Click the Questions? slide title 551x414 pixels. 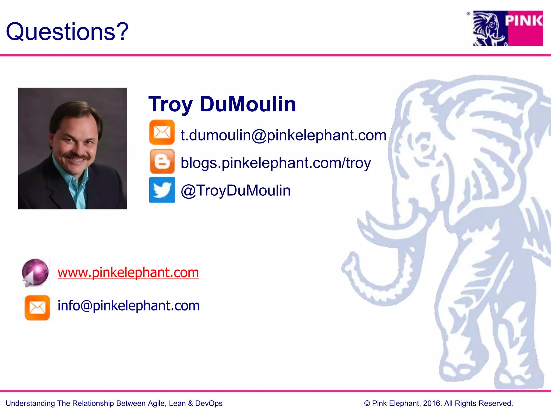point(67,32)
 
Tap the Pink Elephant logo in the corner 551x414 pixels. point(508,28)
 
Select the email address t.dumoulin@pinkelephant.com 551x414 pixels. point(283,135)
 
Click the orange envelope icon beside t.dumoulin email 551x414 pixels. point(162,132)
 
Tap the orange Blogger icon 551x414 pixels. point(162,162)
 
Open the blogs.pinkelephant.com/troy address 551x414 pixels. point(276,163)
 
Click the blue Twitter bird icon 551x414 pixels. point(162,189)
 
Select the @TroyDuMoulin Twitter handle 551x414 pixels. point(236,191)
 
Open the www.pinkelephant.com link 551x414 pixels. point(128,272)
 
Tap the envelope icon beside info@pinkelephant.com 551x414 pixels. point(37,308)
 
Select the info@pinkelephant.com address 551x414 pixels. point(129,306)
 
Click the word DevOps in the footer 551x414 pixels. point(209,403)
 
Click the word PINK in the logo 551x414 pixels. point(524,21)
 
